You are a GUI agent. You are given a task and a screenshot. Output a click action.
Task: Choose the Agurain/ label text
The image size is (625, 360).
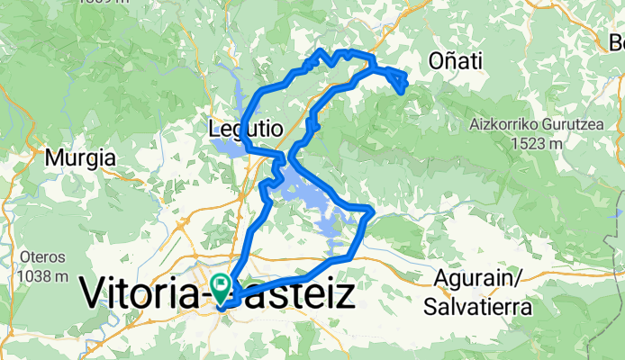(476, 277)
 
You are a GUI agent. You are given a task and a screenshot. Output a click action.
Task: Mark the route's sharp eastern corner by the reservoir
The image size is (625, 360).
(369, 211)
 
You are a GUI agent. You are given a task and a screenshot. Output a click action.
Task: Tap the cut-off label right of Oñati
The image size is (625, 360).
(617, 42)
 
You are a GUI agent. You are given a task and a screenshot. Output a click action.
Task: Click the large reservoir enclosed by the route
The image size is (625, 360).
(311, 198)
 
